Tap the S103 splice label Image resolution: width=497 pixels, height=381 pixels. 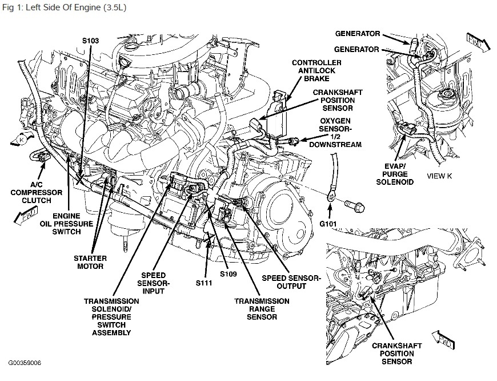coord(91,41)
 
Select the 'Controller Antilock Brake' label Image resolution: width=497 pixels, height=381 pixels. coord(316,70)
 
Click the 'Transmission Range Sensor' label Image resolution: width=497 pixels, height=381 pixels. coord(262,309)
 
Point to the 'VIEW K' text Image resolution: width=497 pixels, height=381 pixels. coord(439,176)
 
